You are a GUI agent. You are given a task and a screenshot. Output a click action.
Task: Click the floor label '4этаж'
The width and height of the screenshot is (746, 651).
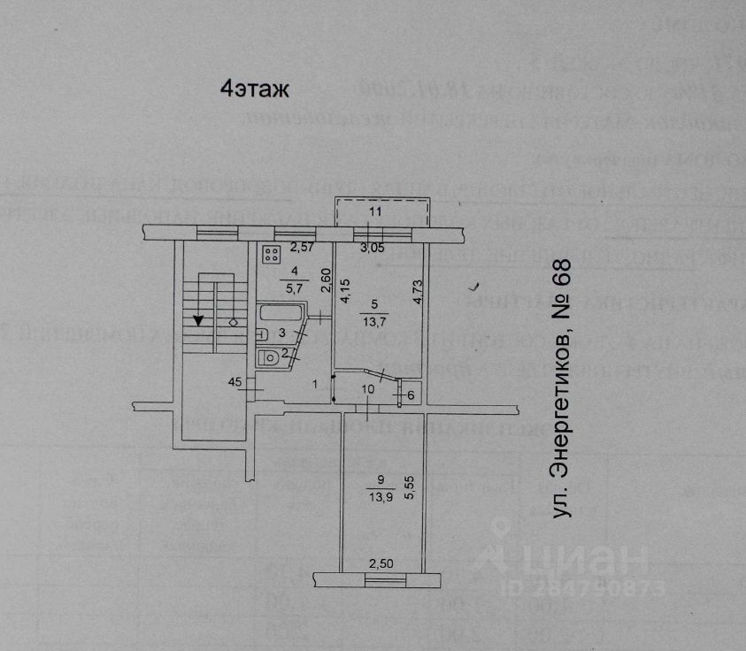coord(254,89)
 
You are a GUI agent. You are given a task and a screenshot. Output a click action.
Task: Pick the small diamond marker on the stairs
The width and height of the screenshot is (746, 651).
coord(233,322)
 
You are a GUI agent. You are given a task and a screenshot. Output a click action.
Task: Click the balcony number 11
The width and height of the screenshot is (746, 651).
coord(375,212)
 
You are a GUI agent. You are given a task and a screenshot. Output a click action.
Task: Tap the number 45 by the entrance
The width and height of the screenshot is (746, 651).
coord(235,383)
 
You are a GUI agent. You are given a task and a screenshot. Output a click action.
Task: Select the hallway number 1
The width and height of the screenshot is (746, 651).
coord(315,385)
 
